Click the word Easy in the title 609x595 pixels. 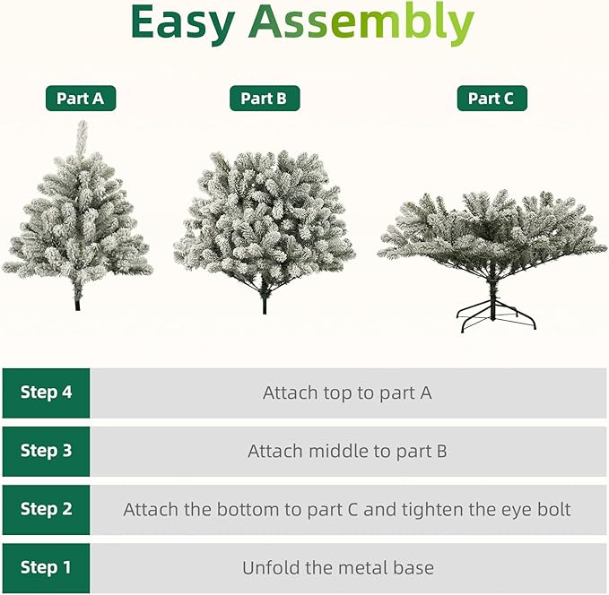pyautogui.click(x=184, y=24)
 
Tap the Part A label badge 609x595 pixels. pyautogui.click(x=81, y=99)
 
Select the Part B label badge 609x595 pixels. pyautogui.click(x=264, y=99)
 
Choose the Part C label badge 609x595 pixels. pyautogui.click(x=492, y=99)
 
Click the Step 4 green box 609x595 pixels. pyautogui.click(x=46, y=392)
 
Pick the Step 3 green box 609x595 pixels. pyautogui.click(x=46, y=451)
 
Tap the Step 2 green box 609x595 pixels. pyautogui.click(x=46, y=509)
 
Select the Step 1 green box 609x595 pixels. pyautogui.click(x=46, y=567)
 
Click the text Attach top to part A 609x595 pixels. pyautogui.click(x=347, y=392)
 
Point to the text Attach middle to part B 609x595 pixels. pyautogui.click(x=347, y=451)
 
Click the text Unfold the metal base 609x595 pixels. pyautogui.click(x=338, y=567)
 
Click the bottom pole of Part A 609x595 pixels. pyautogui.click(x=78, y=301)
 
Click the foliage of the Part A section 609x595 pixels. pyautogui.click(x=79, y=224)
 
